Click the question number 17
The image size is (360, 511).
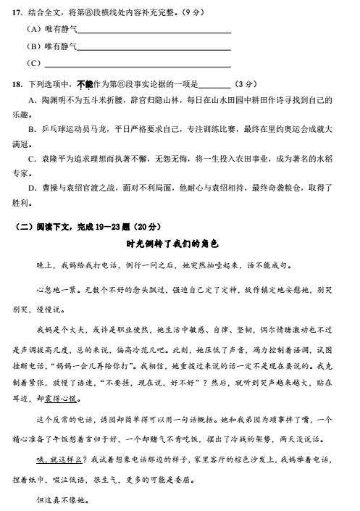(x=15, y=13)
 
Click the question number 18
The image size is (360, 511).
(x=15, y=83)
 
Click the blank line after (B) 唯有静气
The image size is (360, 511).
(x=154, y=47)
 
